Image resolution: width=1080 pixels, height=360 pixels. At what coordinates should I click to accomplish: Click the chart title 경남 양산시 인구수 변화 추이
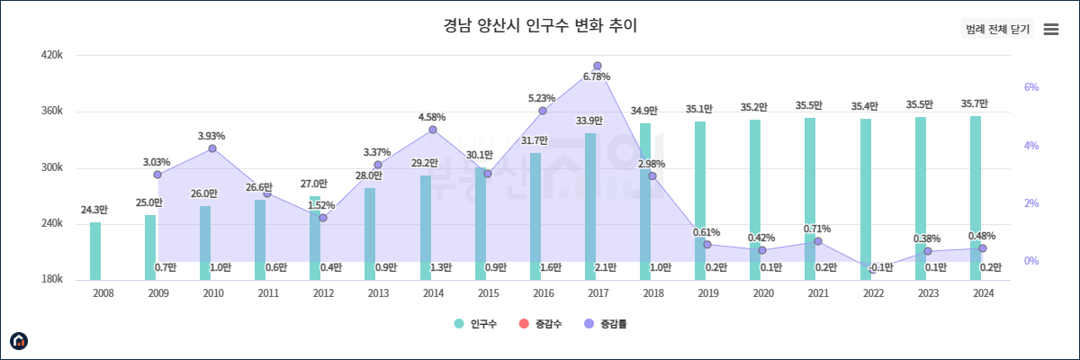click(x=540, y=25)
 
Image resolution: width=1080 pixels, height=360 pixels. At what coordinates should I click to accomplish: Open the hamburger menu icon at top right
click(x=1050, y=30)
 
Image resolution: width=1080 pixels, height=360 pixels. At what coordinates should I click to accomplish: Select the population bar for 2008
click(x=95, y=250)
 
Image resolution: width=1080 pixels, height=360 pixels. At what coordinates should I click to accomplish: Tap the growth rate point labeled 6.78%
click(x=598, y=66)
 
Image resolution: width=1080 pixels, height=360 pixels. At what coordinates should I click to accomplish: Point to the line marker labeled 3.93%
click(x=212, y=148)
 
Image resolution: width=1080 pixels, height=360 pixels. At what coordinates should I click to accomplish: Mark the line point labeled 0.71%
click(x=818, y=241)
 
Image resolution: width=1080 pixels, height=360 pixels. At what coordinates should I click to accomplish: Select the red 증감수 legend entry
click(x=542, y=324)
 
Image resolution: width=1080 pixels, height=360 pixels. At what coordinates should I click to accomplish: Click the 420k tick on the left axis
click(x=52, y=56)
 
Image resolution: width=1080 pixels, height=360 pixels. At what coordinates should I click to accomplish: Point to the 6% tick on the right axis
click(x=1031, y=88)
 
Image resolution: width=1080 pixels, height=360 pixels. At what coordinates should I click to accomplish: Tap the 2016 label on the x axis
click(x=543, y=293)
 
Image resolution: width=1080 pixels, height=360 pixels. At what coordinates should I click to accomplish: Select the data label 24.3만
click(x=94, y=211)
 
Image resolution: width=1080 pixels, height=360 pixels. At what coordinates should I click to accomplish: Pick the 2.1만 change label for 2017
click(x=606, y=267)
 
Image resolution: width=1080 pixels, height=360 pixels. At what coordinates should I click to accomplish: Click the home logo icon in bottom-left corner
click(x=19, y=340)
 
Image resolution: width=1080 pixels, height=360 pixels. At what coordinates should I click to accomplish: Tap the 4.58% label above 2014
click(x=432, y=118)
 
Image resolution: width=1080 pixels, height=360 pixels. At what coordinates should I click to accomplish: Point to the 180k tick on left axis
click(x=52, y=280)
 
